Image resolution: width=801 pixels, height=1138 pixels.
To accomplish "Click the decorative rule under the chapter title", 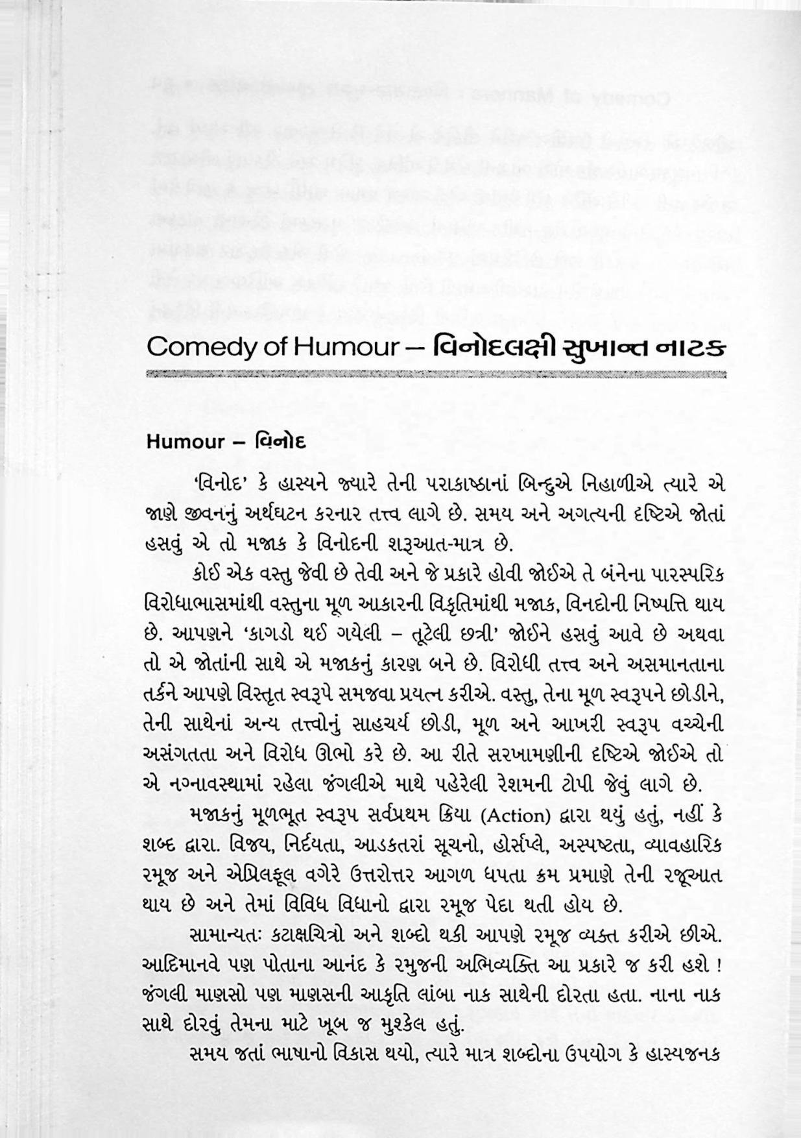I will coord(436,375).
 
